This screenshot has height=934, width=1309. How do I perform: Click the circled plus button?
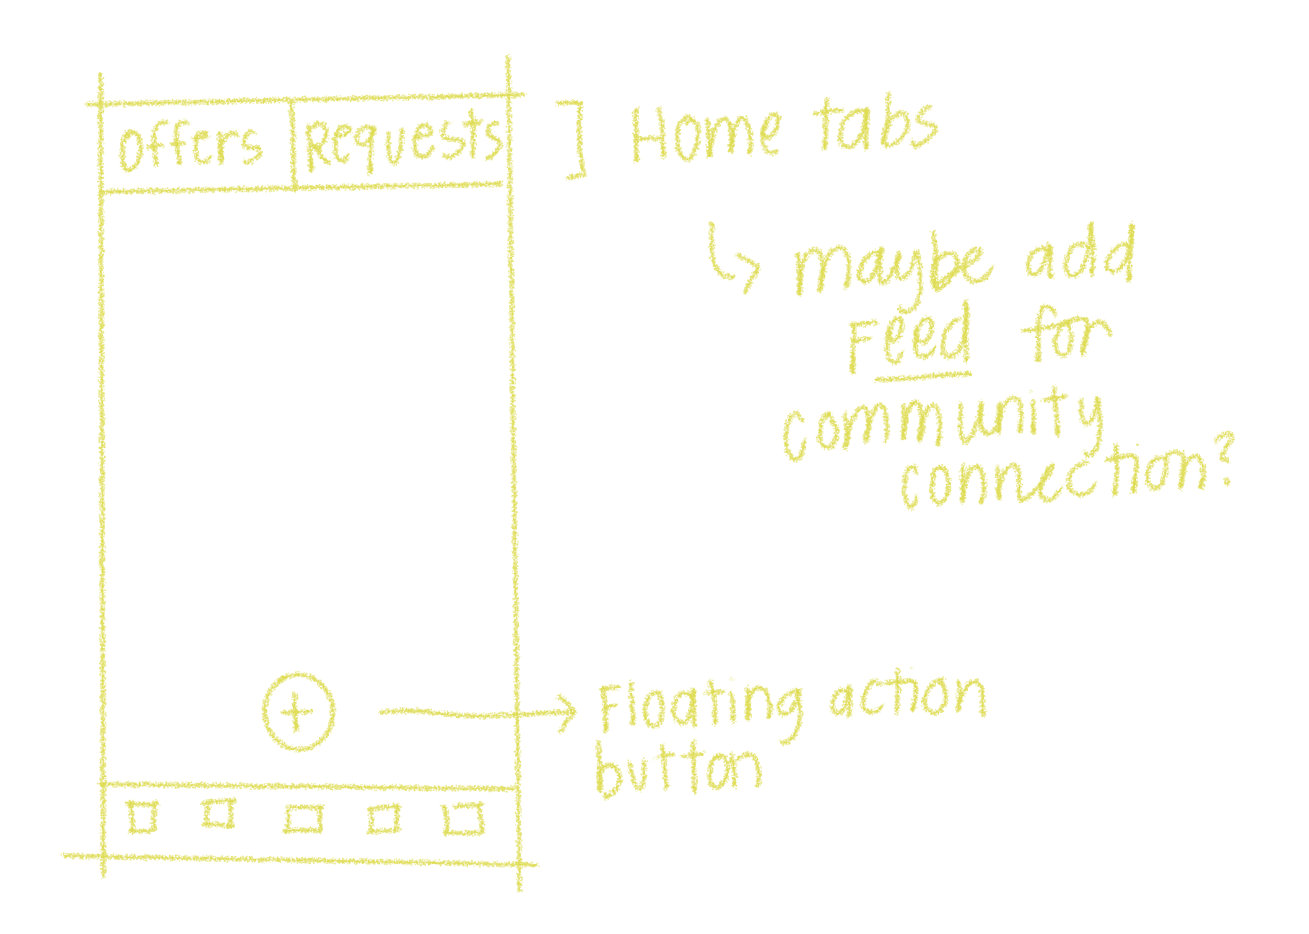pos(298,712)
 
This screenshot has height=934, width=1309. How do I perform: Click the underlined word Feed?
pos(909,339)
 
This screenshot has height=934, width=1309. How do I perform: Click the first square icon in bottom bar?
pos(142,817)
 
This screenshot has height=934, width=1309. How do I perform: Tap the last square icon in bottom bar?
pos(464,819)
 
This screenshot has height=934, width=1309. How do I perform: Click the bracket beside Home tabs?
pos(576,139)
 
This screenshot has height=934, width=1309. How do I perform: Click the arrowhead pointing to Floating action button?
pos(567,713)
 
